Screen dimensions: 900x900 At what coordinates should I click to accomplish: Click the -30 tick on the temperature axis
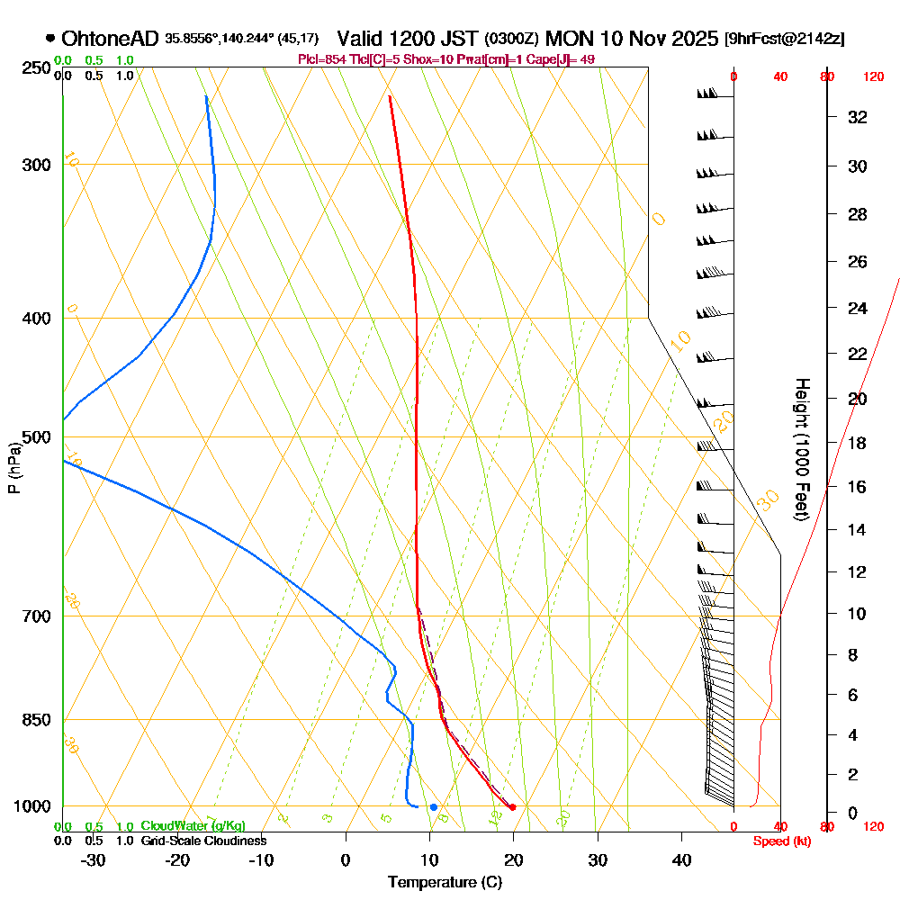coord(94,859)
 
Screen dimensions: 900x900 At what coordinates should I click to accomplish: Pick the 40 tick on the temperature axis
coord(681,859)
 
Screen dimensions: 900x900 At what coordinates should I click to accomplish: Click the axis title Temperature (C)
coord(445,882)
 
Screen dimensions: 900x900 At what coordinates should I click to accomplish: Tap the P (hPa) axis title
coord(13,468)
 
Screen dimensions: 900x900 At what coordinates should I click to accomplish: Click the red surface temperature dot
coord(512,807)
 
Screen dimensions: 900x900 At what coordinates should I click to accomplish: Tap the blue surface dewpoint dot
coord(433,807)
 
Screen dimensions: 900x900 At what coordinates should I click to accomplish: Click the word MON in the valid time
coord(567,39)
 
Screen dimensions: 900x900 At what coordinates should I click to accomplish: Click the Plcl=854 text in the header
coord(321,59)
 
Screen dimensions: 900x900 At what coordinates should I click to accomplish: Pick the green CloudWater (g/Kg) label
coord(193,826)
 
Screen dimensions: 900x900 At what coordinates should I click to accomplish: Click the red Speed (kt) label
coord(779,841)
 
